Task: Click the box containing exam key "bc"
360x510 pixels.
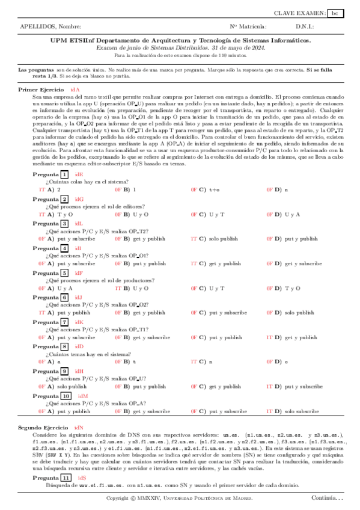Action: click(336, 13)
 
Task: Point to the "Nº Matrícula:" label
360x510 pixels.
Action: click(248, 27)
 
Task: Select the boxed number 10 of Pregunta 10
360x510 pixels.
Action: click(66, 396)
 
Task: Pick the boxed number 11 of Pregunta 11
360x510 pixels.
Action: click(66, 478)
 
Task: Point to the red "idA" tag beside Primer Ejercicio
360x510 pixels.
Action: click(75, 88)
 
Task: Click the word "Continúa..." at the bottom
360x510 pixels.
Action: click(327, 498)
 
